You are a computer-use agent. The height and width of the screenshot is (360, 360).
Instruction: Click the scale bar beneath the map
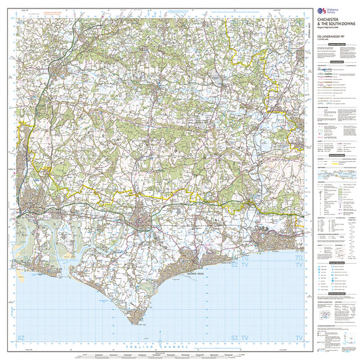[164, 355]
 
